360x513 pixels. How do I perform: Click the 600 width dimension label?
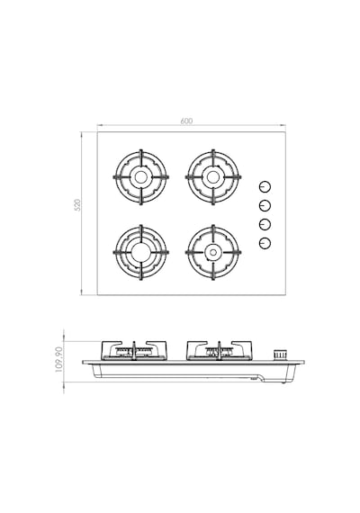pyautogui.click(x=186, y=121)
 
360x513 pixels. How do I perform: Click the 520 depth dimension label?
pyautogui.click(x=77, y=205)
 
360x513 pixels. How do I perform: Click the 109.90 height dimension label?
pyautogui.click(x=58, y=359)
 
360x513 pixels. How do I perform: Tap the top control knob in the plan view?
pyautogui.click(x=265, y=187)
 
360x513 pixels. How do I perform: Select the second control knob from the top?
pyautogui.click(x=265, y=205)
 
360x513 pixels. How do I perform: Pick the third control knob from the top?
pyautogui.click(x=265, y=224)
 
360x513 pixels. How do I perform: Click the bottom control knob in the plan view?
pyautogui.click(x=265, y=243)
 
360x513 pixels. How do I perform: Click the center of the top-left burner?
pyautogui.click(x=141, y=177)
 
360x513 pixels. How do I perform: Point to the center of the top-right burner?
pyautogui.click(x=213, y=177)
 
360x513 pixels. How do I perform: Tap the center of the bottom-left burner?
pyautogui.click(x=141, y=252)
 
